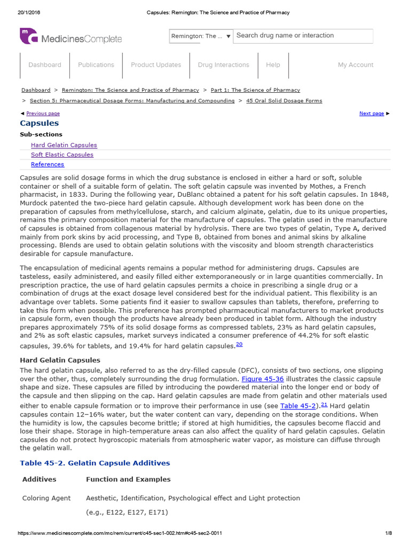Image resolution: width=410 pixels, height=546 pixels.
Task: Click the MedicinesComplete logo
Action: coord(71,37)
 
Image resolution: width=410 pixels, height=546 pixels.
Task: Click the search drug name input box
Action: coord(303,36)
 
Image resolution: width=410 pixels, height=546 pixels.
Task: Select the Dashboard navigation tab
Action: coord(45,65)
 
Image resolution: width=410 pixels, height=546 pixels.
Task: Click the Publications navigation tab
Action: coord(96,65)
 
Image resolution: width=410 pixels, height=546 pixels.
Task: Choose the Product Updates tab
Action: coord(156,65)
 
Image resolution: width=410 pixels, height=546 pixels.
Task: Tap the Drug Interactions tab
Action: coord(223,65)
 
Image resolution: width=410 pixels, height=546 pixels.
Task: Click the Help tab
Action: coord(273,65)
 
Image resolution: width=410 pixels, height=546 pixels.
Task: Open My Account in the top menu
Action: coord(356,65)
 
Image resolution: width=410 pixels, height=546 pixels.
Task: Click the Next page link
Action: coord(372,114)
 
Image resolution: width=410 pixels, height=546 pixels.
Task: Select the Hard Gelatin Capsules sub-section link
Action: coord(64,145)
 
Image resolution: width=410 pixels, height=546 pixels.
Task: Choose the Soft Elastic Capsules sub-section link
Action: coord(62,155)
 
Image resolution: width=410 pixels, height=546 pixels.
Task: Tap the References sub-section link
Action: coord(48,164)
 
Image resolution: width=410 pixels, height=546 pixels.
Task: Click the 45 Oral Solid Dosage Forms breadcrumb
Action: coord(284,100)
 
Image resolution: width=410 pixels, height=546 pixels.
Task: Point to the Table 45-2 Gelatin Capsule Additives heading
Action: coord(95,463)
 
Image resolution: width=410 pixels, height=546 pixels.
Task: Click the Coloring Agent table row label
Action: coord(46,498)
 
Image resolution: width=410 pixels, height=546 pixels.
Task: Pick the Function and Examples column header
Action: coord(128,479)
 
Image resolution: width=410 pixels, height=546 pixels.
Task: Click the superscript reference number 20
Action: coord(239,344)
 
